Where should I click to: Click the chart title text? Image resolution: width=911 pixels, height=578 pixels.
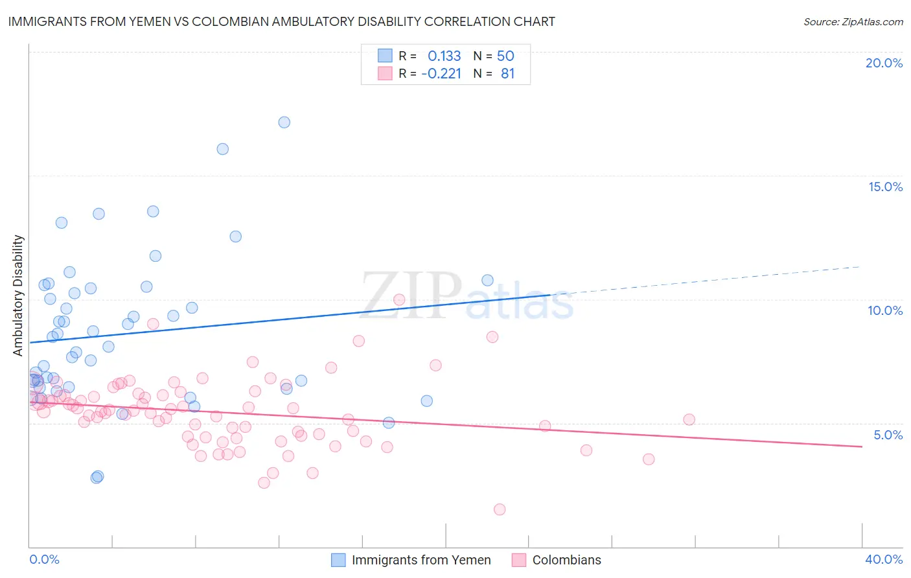(x=281, y=21)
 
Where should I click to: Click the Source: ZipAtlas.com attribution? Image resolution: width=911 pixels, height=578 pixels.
(x=853, y=21)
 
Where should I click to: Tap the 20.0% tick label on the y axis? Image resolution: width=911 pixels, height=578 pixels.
(x=884, y=63)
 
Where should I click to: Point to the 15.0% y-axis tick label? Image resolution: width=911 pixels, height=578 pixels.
(x=885, y=187)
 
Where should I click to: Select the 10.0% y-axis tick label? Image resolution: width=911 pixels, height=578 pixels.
(x=885, y=310)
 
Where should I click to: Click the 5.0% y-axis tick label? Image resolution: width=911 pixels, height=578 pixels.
(x=888, y=434)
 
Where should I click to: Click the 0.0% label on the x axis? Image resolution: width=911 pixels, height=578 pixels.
(x=44, y=559)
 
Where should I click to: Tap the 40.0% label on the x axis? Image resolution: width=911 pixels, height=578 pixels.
(x=883, y=559)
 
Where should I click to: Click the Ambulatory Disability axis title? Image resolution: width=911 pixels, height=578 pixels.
(x=18, y=295)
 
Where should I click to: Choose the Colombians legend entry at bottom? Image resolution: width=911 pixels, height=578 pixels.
(x=566, y=560)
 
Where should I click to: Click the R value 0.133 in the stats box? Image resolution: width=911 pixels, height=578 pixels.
(x=444, y=56)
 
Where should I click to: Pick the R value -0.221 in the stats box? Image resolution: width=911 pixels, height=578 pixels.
(x=441, y=74)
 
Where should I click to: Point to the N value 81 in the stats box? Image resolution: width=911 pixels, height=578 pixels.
(x=507, y=74)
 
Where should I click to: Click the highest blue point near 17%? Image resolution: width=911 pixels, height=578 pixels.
(x=284, y=122)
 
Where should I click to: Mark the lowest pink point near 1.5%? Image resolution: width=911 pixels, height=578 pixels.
(x=500, y=509)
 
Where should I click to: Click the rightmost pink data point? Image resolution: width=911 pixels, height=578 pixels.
(x=689, y=419)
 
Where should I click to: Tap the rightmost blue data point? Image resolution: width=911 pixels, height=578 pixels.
(x=487, y=280)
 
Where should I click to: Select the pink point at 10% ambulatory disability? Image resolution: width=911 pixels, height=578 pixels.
(x=399, y=299)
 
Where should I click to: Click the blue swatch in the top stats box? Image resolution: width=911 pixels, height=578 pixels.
(x=385, y=56)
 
